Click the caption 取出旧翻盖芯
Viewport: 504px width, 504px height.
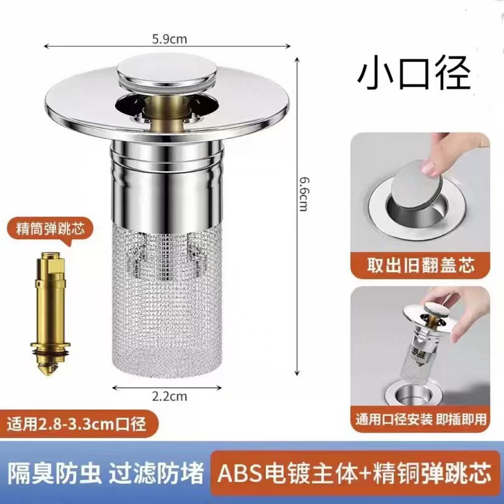419,265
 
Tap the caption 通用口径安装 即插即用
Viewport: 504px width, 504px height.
421,419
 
